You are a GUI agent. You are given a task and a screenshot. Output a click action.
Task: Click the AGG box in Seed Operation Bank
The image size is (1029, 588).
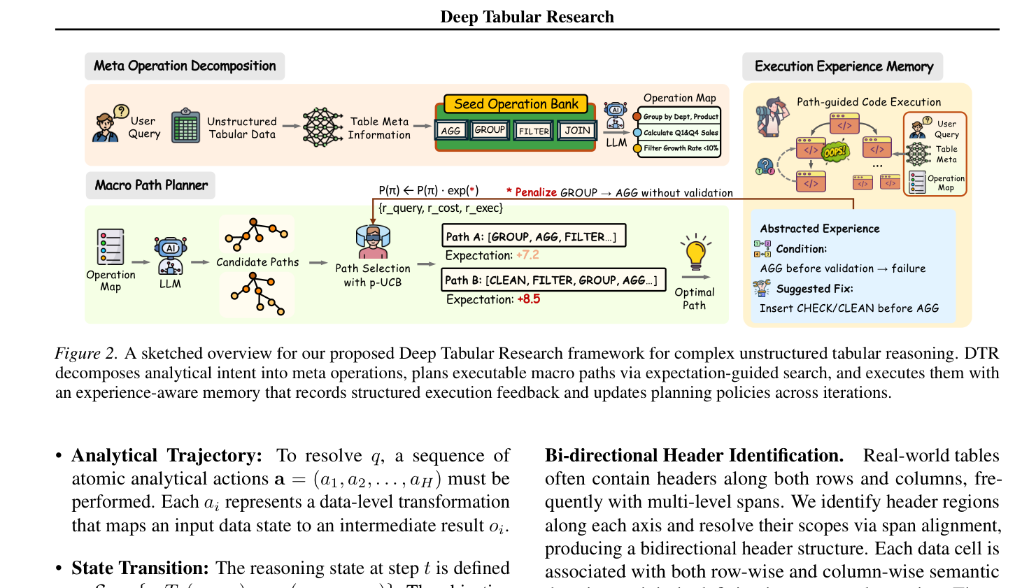tap(450, 131)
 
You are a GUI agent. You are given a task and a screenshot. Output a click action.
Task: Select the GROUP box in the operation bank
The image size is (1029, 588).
tap(490, 130)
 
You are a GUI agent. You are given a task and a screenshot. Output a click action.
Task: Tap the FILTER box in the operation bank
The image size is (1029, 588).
tap(534, 131)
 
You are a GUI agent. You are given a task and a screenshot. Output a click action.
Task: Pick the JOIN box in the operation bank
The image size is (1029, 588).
tap(577, 131)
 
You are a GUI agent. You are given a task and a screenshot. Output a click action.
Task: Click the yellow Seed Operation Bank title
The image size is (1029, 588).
tap(516, 104)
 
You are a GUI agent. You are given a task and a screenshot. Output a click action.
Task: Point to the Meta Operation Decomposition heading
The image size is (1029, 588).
tap(185, 66)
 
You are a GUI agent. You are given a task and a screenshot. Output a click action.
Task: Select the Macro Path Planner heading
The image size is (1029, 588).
tap(151, 185)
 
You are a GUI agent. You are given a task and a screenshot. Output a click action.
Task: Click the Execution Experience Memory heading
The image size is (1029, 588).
tap(844, 66)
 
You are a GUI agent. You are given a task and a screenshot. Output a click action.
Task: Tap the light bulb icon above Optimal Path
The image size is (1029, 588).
tap(695, 253)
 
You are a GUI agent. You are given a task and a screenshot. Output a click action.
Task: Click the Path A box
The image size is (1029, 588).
tap(533, 236)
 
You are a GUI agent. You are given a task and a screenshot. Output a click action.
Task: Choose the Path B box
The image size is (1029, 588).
tap(553, 280)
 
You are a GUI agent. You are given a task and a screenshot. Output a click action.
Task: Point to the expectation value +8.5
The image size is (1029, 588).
tap(529, 299)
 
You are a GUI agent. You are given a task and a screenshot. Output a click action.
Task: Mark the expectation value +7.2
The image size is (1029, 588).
tap(527, 255)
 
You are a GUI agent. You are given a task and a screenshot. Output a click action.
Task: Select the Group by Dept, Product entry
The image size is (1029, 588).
tap(681, 117)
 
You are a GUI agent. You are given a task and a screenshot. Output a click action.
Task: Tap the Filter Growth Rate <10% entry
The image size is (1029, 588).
tap(681, 148)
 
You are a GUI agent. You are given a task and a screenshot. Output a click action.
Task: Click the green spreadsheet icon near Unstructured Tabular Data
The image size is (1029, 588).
tap(185, 127)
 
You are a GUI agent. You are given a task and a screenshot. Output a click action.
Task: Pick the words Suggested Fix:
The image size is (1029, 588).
tap(814, 289)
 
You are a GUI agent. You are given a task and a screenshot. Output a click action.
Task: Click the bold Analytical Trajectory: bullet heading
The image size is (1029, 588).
tap(166, 456)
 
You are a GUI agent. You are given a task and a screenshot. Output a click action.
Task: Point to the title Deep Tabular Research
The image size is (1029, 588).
tap(527, 17)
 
